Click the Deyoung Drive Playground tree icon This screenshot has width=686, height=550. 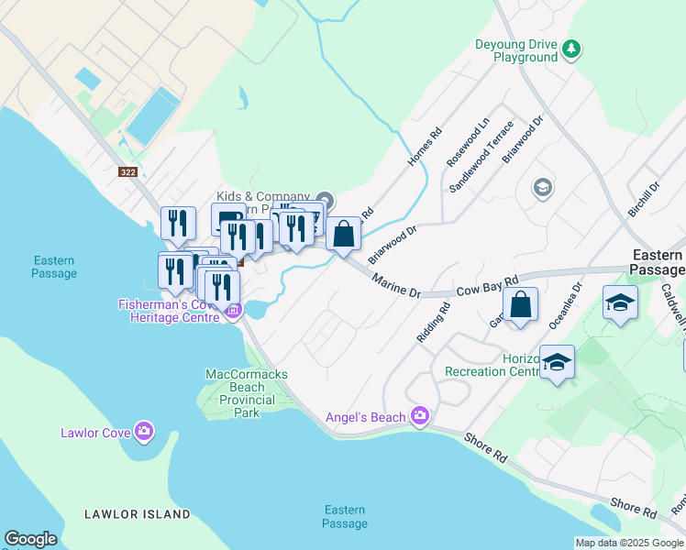click(x=572, y=48)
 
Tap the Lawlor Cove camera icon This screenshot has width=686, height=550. click(x=143, y=431)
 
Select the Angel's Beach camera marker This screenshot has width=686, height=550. click(x=420, y=416)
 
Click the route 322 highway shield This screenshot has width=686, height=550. click(x=129, y=171)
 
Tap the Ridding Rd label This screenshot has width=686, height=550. click(x=433, y=323)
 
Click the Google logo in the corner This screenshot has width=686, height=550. click(x=30, y=539)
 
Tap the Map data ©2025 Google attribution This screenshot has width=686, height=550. click(x=629, y=543)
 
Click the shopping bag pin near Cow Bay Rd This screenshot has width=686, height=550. click(x=520, y=305)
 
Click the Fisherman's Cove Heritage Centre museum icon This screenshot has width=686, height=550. click(x=233, y=311)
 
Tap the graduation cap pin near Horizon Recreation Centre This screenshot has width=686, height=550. click(x=557, y=362)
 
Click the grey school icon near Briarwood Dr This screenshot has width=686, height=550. click(x=542, y=188)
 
